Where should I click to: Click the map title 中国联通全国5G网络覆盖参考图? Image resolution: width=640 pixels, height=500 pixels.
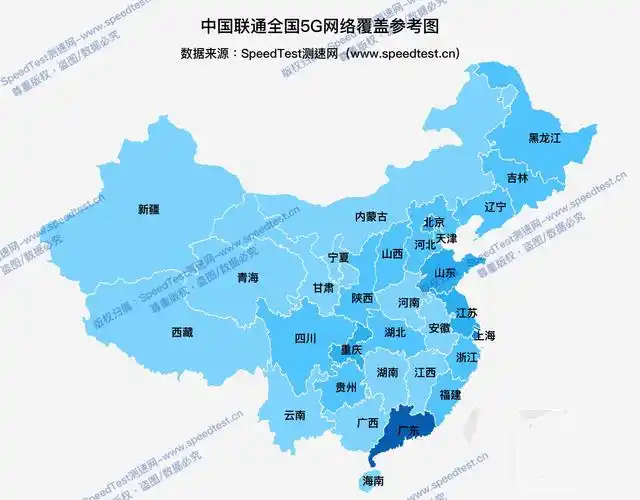320,25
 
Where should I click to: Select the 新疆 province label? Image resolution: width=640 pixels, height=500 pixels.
148,210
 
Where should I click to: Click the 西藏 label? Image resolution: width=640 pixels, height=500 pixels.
181,332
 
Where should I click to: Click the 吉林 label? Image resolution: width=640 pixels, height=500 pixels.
517,177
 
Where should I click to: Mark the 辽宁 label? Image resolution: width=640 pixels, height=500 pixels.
495,207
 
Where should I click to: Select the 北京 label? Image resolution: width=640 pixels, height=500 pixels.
433,223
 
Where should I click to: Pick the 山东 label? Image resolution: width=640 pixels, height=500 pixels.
445,272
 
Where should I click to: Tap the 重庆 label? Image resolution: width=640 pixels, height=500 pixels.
351,350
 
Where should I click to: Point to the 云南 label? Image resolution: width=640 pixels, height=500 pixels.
294,414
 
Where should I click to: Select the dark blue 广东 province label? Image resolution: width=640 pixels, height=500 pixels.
407,430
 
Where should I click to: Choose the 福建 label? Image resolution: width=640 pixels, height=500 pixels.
450,394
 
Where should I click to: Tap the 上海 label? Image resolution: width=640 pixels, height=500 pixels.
484,335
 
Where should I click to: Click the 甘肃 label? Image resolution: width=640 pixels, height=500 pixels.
323,287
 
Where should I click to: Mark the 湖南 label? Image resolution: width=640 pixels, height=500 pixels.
387,372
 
